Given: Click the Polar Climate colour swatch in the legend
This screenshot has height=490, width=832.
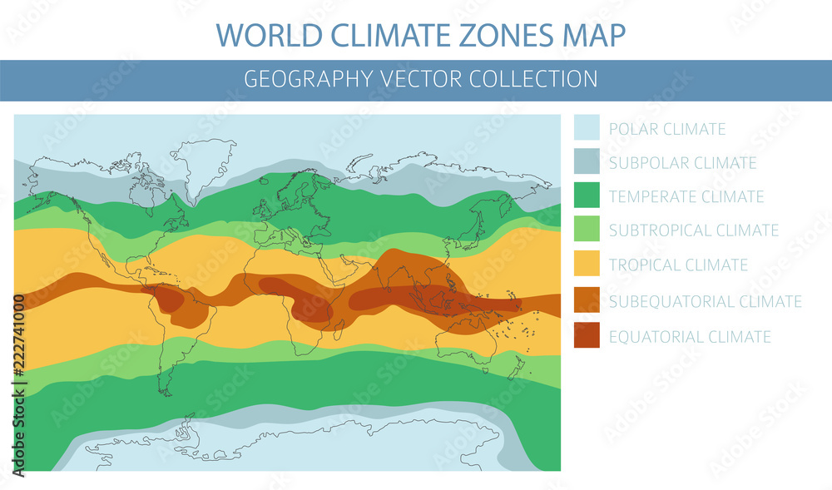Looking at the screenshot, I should point(586,128).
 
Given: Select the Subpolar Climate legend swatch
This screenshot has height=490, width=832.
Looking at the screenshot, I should point(586,162).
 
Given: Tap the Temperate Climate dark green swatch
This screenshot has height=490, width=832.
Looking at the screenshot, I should point(586,196).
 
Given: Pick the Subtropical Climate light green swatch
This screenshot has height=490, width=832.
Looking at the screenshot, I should point(586,230).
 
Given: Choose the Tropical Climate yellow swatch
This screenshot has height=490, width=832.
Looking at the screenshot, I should point(586,265).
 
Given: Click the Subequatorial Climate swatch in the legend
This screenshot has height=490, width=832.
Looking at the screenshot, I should point(586,301).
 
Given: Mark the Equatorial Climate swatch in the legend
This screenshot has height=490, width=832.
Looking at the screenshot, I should point(586,336).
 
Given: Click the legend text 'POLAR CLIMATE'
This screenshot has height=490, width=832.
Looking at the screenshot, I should point(667,129).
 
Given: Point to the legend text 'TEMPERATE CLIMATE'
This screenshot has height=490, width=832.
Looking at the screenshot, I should point(686,197).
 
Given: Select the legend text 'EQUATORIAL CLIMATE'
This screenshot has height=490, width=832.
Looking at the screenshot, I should point(690,337).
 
